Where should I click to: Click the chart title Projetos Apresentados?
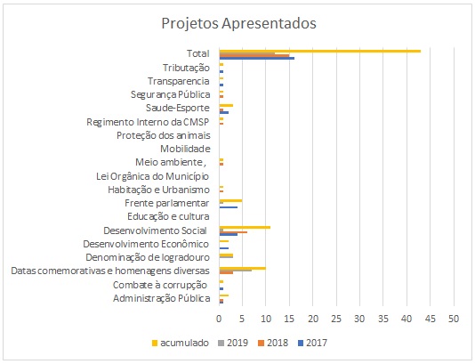click(238, 23)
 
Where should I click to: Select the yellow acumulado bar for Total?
click(320, 51)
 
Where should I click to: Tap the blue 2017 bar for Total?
click(257, 58)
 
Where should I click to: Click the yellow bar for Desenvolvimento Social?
click(245, 227)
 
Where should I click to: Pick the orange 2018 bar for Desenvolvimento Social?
click(233, 232)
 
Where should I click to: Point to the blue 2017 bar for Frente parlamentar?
click(229, 207)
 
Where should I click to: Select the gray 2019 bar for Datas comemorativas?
click(236, 271)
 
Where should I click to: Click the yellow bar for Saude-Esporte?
click(226, 106)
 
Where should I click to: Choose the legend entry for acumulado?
click(181, 343)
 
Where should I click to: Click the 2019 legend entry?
click(233, 343)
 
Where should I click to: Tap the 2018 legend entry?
click(273, 343)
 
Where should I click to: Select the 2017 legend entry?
click(312, 343)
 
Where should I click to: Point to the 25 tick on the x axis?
click(336, 319)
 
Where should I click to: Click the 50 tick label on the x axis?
click(454, 319)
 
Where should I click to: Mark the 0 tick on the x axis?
click(219, 319)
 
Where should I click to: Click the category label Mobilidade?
click(185, 149)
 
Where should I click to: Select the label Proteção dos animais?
click(164, 135)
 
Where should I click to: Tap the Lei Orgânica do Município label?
click(153, 176)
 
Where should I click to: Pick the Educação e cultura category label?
click(168, 216)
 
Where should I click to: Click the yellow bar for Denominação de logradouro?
click(226, 255)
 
